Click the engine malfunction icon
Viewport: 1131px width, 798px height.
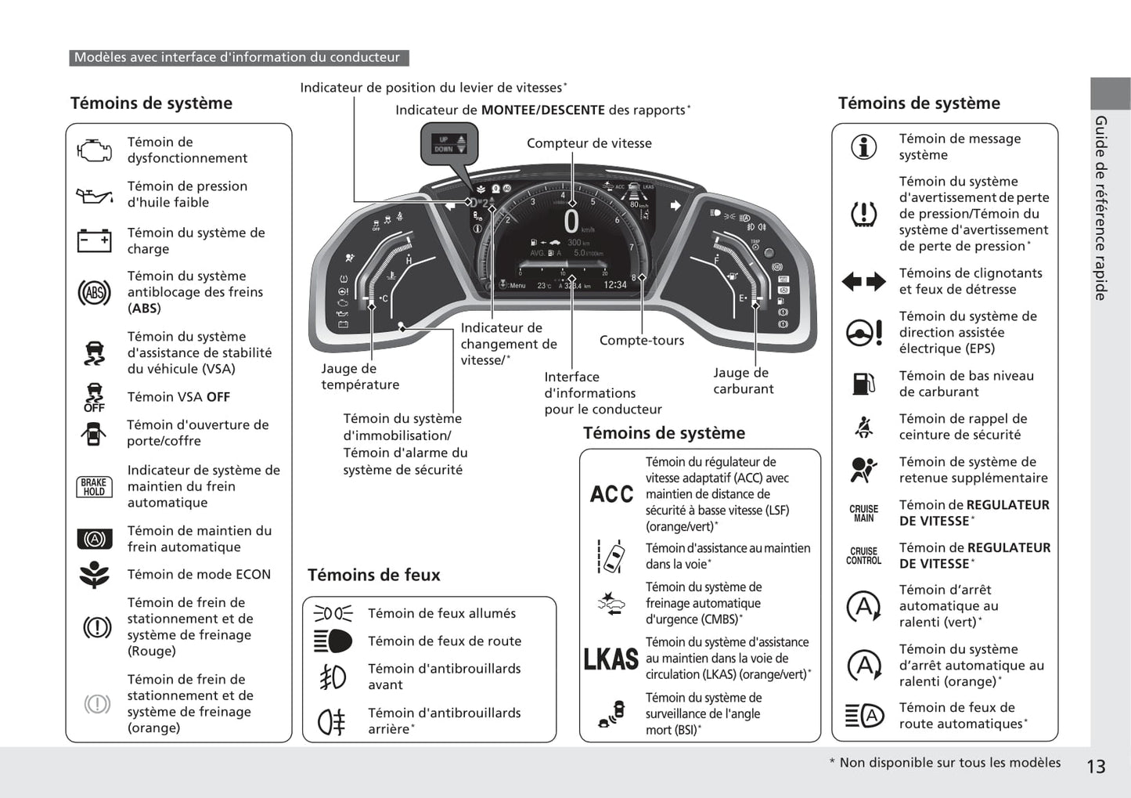click(94, 150)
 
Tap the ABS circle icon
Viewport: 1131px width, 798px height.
click(94, 293)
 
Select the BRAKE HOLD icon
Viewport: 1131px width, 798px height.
click(94, 486)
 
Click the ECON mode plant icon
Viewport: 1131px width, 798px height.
click(94, 575)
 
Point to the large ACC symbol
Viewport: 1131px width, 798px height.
click(611, 494)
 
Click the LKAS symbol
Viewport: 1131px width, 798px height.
click(611, 659)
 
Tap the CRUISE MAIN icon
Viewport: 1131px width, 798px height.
click(863, 513)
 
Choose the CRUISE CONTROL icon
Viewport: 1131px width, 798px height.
click(863, 556)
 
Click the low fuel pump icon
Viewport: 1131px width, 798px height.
click(863, 384)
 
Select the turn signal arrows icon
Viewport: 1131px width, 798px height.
click(863, 281)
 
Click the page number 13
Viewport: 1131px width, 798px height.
click(1096, 767)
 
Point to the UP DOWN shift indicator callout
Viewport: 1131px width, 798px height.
click(449, 145)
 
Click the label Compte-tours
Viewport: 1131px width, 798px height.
click(641, 341)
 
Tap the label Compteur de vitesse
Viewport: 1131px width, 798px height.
click(589, 143)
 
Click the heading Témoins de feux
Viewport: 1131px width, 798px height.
click(374, 575)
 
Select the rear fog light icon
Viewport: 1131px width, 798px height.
click(331, 721)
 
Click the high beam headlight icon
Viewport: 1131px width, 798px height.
click(333, 641)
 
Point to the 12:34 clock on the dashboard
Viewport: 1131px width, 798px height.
click(615, 285)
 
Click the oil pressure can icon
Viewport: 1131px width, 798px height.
click(94, 194)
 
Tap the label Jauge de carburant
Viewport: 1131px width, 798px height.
click(742, 381)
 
